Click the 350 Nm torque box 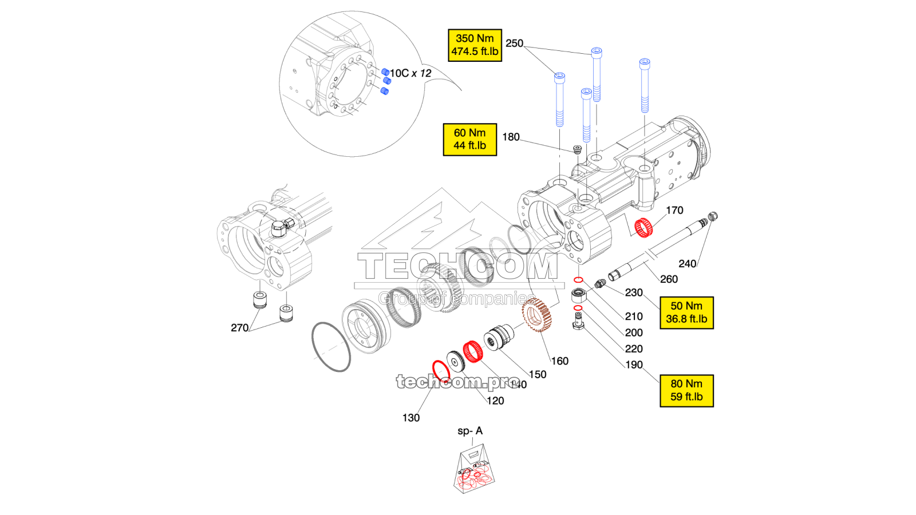pos(475,45)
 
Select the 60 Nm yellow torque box pos(469,139)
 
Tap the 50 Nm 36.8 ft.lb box pos(686,312)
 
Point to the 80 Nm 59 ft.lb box pos(686,390)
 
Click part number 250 pos(514,43)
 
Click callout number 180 pos(511,137)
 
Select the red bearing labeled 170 pos(644,228)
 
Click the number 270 pos(239,328)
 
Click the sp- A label pos(470,431)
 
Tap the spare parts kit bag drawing pos(474,472)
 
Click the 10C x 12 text pos(410,73)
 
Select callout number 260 pos(669,279)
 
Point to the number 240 pos(687,264)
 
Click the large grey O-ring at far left pos(331,347)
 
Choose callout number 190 pos(634,365)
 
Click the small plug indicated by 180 pos(578,150)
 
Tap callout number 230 pos(634,293)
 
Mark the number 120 pos(495,401)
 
